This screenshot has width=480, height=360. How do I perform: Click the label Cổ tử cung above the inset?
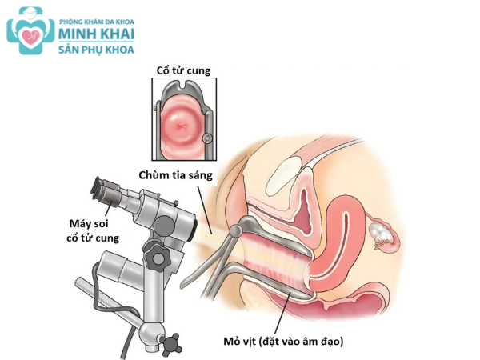(x=183, y=72)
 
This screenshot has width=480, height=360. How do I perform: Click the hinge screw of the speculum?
(x=237, y=230)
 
